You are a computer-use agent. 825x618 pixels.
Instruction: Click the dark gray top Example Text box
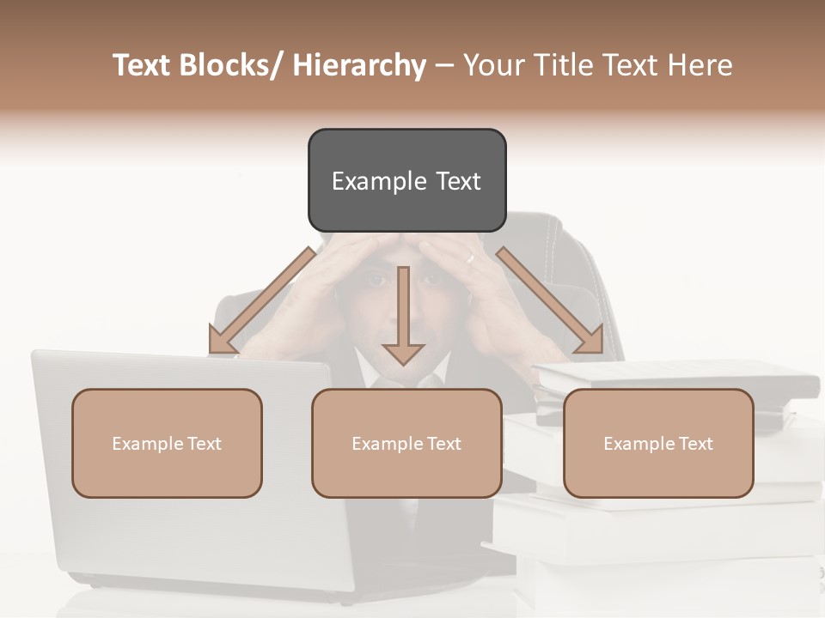point(406,180)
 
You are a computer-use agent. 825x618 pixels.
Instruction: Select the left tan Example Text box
point(167,443)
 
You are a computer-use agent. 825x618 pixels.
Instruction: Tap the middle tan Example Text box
point(406,443)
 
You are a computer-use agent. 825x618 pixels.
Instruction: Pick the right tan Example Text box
point(658,443)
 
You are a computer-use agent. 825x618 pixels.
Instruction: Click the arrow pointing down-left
point(260,300)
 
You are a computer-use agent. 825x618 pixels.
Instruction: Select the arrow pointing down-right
point(550,300)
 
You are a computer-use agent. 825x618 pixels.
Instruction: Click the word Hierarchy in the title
point(359,65)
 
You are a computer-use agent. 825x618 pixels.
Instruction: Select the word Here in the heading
point(700,65)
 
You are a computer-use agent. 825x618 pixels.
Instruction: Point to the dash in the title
point(444,65)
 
